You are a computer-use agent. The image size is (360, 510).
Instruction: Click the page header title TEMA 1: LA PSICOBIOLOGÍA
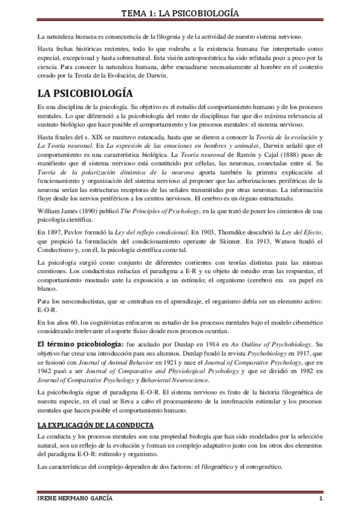(180, 12)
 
